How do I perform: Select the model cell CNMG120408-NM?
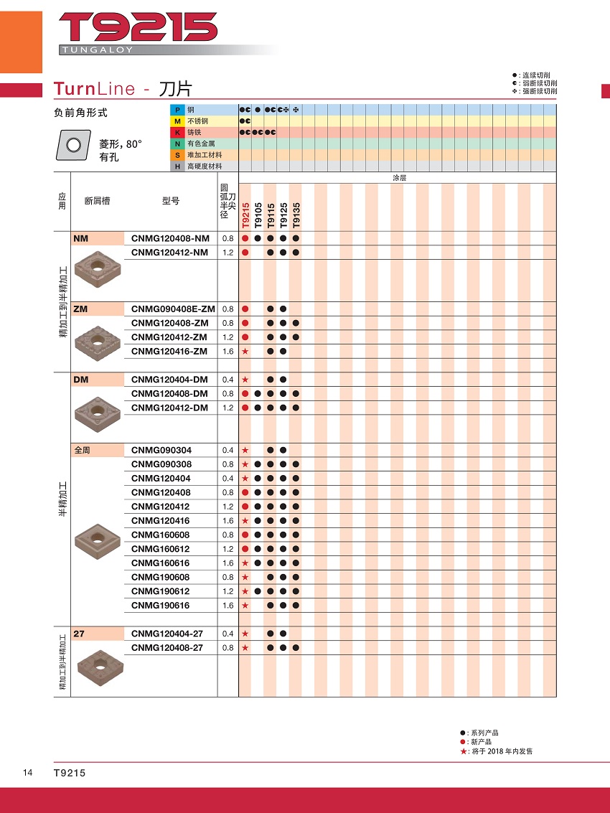pyautogui.click(x=171, y=238)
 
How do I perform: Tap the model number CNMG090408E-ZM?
pyautogui.click(x=173, y=309)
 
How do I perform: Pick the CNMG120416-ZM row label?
pyautogui.click(x=169, y=351)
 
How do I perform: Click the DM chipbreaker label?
pyautogui.click(x=81, y=380)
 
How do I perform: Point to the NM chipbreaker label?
pyautogui.click(x=80, y=238)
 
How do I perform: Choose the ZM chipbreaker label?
pyautogui.click(x=80, y=309)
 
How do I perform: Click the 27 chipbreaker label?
pyautogui.click(x=78, y=634)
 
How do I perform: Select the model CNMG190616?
pyautogui.click(x=161, y=606)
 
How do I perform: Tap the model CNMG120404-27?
pyautogui.click(x=167, y=634)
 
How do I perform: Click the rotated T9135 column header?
pyautogui.click(x=296, y=215)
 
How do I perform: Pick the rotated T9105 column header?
pyautogui.click(x=258, y=215)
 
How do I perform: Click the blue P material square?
pyautogui.click(x=177, y=109)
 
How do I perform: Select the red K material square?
pyautogui.click(x=177, y=132)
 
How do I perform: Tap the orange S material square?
pyautogui.click(x=177, y=155)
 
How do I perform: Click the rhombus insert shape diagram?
pyautogui.click(x=73, y=146)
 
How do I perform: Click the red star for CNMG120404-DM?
pyautogui.click(x=245, y=380)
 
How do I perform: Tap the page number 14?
pyautogui.click(x=27, y=772)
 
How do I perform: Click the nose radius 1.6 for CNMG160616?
pyautogui.click(x=228, y=563)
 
